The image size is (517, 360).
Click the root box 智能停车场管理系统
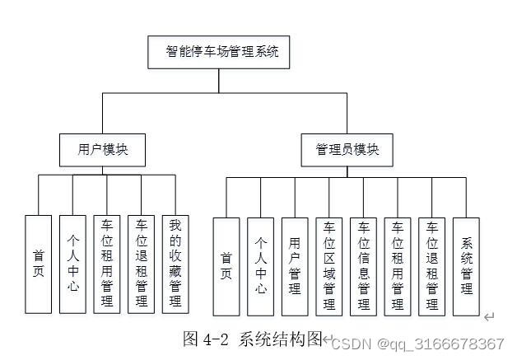click(218, 52)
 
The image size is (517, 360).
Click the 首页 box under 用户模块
click(38, 264)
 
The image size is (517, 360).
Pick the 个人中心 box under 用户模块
click(72, 264)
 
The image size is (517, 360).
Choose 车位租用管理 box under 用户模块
click(106, 264)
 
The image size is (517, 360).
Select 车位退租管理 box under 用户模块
click(141, 264)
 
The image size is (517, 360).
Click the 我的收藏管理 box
click(175, 264)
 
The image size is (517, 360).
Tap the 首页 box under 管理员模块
click(226, 266)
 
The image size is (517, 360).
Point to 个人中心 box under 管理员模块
click(261, 266)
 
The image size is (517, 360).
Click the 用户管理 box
click(295, 266)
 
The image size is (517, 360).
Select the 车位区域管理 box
click(329, 266)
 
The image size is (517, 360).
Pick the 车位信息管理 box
click(363, 266)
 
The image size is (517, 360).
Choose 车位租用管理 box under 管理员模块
click(398, 266)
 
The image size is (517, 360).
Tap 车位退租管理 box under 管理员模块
click(431, 266)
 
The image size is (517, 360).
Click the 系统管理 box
click(466, 266)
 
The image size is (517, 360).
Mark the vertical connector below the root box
click(218, 81)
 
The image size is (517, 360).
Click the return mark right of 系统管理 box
click(489, 317)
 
